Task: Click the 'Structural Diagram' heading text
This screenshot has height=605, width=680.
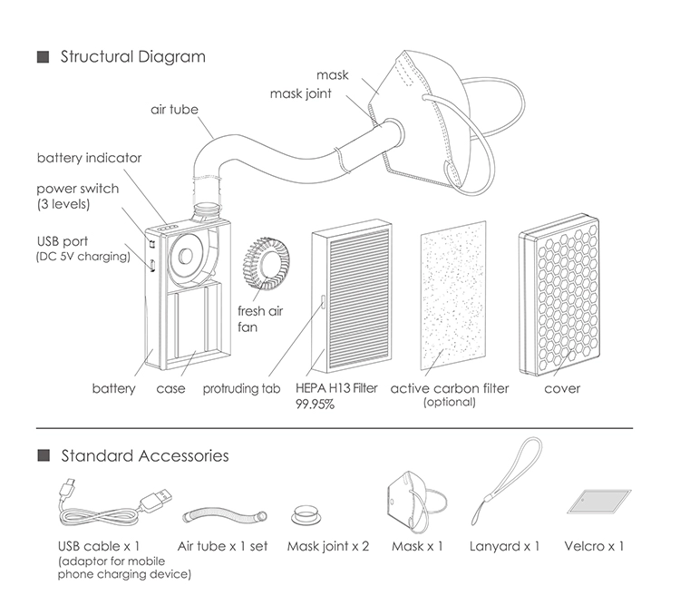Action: (x=132, y=57)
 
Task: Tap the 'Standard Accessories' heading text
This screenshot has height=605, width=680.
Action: (x=144, y=455)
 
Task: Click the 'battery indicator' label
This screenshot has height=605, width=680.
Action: (x=89, y=158)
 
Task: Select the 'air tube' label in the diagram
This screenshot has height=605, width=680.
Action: (x=174, y=110)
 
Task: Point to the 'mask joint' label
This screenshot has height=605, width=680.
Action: (x=300, y=93)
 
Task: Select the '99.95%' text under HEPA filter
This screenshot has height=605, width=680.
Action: (x=315, y=405)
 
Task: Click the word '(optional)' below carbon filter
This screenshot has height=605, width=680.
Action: (x=449, y=402)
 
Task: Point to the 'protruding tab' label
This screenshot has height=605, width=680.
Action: (x=241, y=389)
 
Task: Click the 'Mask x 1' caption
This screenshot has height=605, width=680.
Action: (x=417, y=546)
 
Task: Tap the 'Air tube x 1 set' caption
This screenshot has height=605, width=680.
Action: (x=223, y=546)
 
